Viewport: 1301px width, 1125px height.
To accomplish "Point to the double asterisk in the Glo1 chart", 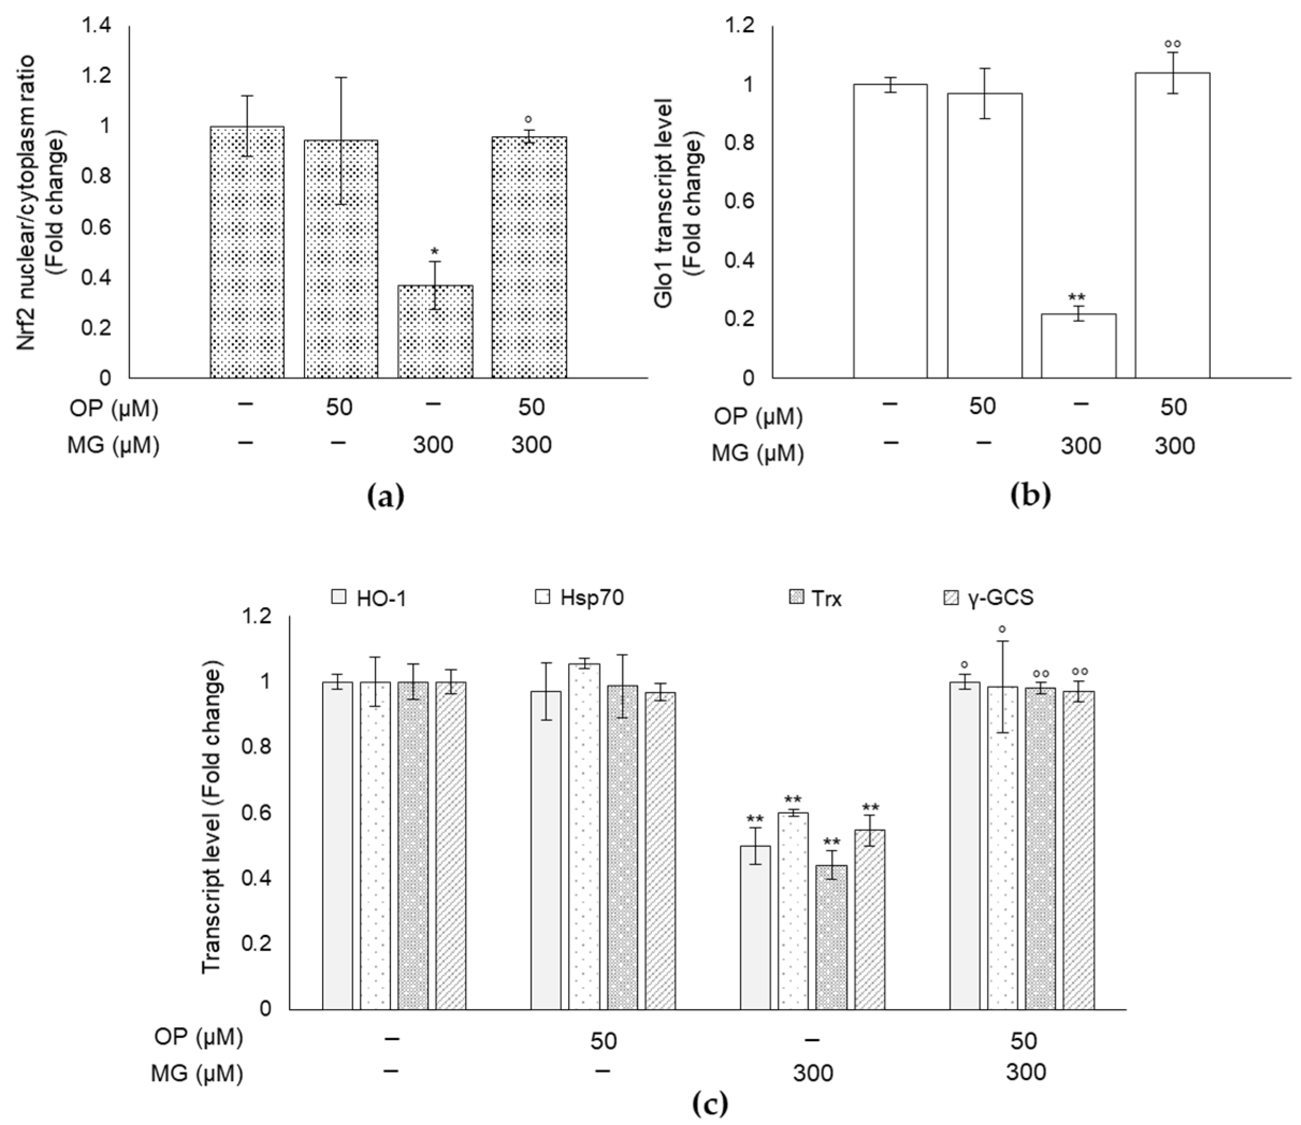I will tap(1078, 297).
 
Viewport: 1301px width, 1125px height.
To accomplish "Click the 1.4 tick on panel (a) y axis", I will tap(96, 26).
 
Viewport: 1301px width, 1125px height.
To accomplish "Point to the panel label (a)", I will tap(385, 496).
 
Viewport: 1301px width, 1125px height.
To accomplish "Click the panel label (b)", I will tap(1030, 496).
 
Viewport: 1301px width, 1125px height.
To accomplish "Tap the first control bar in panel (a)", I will tap(247, 252).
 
